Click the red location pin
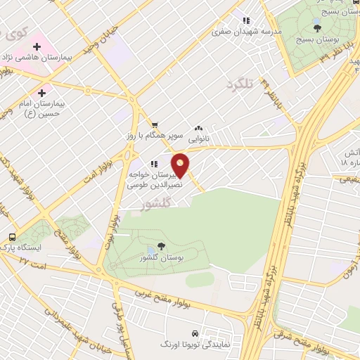pos(181,165)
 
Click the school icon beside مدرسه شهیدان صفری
pos(246,20)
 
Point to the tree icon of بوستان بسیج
pos(317,28)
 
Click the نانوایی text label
pos(198,140)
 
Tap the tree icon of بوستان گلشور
pos(162,245)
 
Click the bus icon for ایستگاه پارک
pos(13,237)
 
